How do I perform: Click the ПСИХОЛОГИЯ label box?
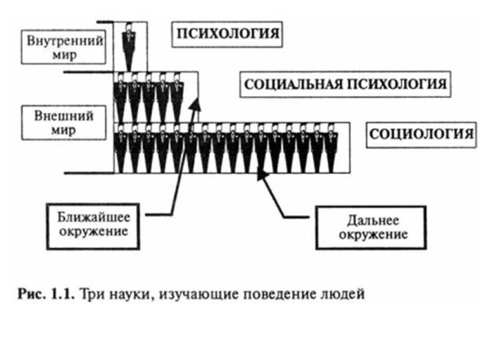pos(227,35)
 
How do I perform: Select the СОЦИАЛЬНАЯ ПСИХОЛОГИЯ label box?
pos(344,85)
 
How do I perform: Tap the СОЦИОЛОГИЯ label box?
pos(421,134)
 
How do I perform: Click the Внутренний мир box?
pos(65,46)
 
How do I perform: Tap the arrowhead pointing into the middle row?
pos(195,104)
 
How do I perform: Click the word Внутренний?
pos(65,39)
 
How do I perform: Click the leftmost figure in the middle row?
pos(121,97)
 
